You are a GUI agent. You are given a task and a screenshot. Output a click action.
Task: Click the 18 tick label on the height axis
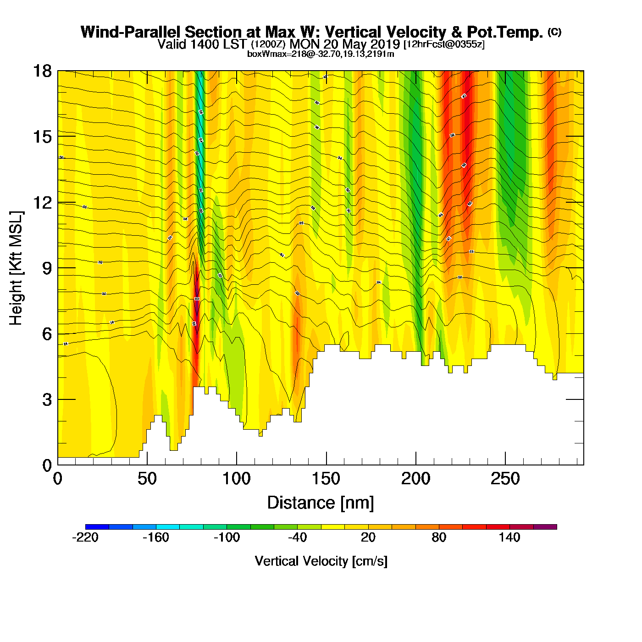click(42, 72)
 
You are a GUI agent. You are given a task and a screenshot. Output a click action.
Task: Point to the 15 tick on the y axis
click(42, 137)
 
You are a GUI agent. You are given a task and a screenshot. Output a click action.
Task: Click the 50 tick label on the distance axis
click(147, 479)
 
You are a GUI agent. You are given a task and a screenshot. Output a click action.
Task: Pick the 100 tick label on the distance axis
click(236, 479)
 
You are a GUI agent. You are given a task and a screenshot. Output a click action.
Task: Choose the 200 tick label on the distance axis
click(415, 479)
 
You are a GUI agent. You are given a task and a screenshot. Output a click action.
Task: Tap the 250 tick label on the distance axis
click(505, 479)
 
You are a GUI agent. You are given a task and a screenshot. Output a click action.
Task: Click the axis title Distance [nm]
click(321, 503)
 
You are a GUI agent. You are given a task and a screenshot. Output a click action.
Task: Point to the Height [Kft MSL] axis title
click(16, 268)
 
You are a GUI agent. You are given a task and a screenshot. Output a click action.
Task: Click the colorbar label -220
click(85, 538)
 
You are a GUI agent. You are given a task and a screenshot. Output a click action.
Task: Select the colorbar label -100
click(227, 538)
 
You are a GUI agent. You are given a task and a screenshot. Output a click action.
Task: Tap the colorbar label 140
click(509, 538)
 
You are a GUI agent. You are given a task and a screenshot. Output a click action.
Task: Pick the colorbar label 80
click(439, 538)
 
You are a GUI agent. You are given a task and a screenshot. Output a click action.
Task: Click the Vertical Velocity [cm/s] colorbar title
click(321, 561)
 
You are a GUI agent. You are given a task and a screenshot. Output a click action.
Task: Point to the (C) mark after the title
click(554, 32)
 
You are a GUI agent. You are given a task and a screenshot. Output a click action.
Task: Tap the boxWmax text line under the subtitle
click(321, 54)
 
